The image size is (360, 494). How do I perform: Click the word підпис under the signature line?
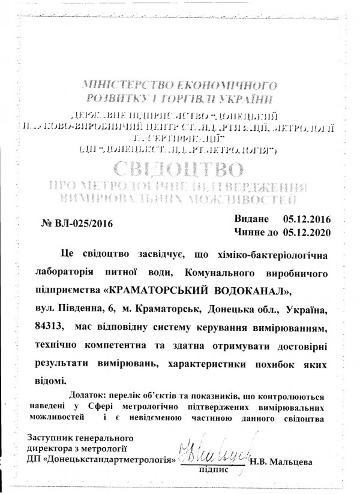click(213, 471)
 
